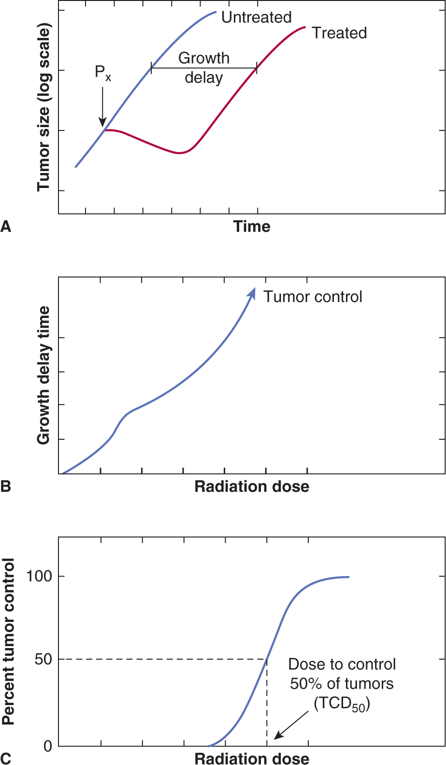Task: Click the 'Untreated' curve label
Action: coord(256,17)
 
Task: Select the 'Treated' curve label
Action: coord(339,33)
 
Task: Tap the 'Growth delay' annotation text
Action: coord(204,68)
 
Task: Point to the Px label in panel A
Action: coord(102,73)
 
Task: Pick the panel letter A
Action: coord(6,226)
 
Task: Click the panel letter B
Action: coord(6,486)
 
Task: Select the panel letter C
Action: coord(6,758)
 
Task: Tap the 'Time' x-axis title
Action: coord(252,226)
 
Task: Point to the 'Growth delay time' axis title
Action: coord(43,375)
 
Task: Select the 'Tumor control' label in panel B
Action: coord(313,296)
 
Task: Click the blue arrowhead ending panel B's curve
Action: coord(251,293)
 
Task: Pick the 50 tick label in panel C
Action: coord(43,659)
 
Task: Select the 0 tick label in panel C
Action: coord(47,746)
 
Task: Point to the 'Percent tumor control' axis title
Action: coord(8,641)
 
